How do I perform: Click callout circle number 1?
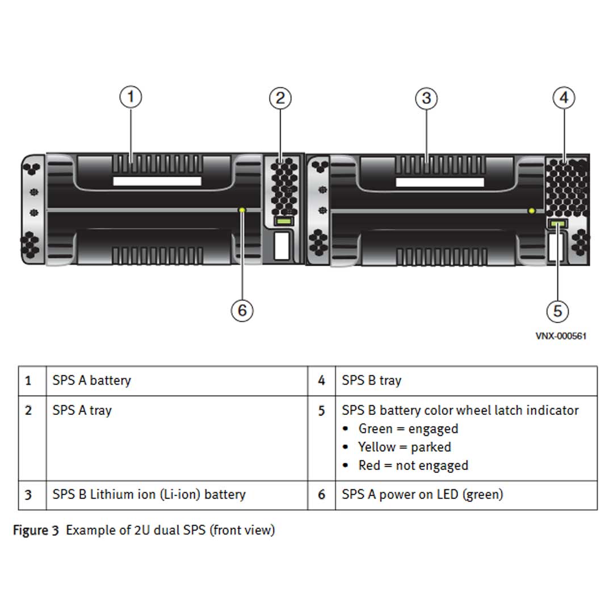pos(131,97)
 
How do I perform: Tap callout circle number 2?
pos(280,98)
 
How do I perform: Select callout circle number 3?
pos(426,98)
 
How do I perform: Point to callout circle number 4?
pos(564,98)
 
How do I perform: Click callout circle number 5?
pos(557,310)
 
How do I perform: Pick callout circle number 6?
pos(242,310)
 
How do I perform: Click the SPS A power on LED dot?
pos(243,210)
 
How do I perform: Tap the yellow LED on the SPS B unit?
pos(532,211)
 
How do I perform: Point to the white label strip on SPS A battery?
pos(157,182)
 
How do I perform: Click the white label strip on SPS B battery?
pos(439,182)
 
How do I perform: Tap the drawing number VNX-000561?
pos(561,336)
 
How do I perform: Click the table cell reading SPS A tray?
pos(82,410)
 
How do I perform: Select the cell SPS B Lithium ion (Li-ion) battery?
pos(149,494)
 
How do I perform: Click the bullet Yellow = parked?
pos(404,447)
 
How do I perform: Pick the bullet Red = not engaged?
pos(413,465)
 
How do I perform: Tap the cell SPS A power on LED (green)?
pos(422,494)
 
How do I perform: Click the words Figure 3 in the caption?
pos(35,531)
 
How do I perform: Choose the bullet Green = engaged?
pos(408,429)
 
